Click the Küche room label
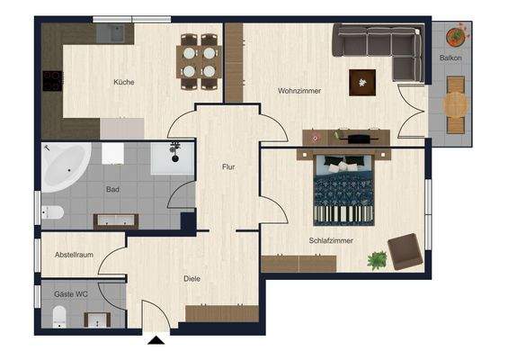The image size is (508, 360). point(123,83)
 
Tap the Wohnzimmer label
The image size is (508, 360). point(299,91)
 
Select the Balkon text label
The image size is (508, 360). point(451,58)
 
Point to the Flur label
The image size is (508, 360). point(229,167)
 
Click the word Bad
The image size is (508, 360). point(112,190)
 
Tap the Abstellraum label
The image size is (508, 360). point(75,256)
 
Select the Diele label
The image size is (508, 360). point(191,279)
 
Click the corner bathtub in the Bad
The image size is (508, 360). point(65,166)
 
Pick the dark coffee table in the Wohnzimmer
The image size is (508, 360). point(363,82)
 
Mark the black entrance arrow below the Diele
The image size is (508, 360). point(156,340)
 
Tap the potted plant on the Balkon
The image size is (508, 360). point(456,37)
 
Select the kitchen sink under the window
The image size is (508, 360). point(114,33)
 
